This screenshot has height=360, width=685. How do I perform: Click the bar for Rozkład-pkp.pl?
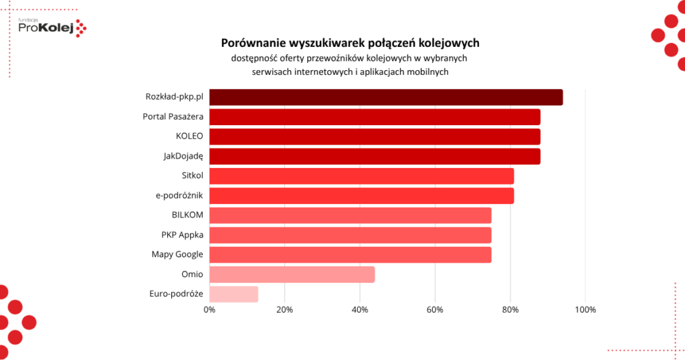click(386, 97)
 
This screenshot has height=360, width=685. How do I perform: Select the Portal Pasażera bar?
click(375, 117)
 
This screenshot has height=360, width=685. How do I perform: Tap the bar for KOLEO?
click(375, 137)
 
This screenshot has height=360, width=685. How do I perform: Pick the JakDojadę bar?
click(375, 156)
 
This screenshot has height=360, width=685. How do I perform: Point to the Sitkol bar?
click(361, 176)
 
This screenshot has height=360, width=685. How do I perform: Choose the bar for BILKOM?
click(350, 215)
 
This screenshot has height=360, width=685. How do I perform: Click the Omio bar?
click(292, 274)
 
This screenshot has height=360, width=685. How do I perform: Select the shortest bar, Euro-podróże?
click(233, 294)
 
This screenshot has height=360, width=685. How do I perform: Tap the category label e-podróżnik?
click(178, 195)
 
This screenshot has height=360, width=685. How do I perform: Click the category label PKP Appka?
click(182, 235)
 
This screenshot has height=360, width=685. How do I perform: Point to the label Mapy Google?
click(177, 254)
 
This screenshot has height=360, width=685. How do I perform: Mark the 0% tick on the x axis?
click(209, 310)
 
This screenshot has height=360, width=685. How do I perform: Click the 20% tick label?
click(284, 310)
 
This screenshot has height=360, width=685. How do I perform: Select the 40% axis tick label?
click(360, 310)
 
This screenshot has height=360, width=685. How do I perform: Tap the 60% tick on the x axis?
click(435, 310)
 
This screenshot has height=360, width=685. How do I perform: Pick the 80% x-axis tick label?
click(510, 310)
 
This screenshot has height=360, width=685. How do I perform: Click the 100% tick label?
click(585, 310)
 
